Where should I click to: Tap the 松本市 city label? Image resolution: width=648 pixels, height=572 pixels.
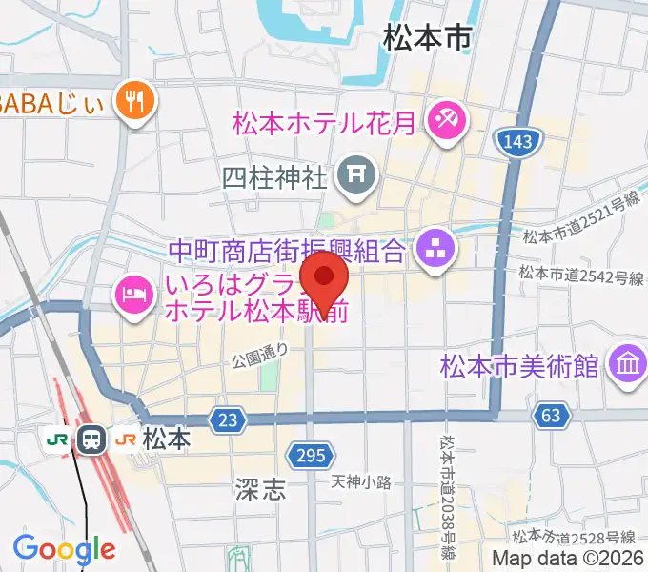tap(428, 38)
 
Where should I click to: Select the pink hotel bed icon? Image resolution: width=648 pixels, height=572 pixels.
tap(133, 291)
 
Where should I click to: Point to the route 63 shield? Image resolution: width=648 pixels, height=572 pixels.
tap(554, 416)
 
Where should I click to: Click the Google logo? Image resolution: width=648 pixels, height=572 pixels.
tap(64, 549)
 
